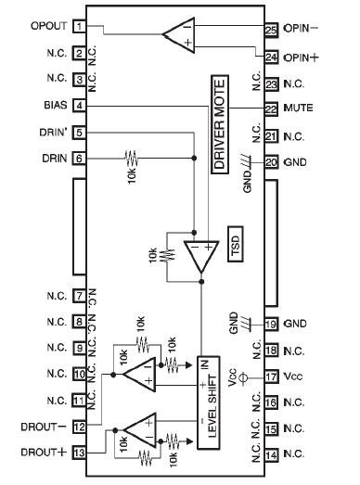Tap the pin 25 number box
[271, 31]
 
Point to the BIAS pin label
[52, 106]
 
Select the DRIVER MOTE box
[220, 134]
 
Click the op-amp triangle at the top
[176, 36]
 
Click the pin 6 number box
[81, 159]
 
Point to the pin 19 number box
[271, 324]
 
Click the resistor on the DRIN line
[131, 159]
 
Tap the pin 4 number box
[81, 106]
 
